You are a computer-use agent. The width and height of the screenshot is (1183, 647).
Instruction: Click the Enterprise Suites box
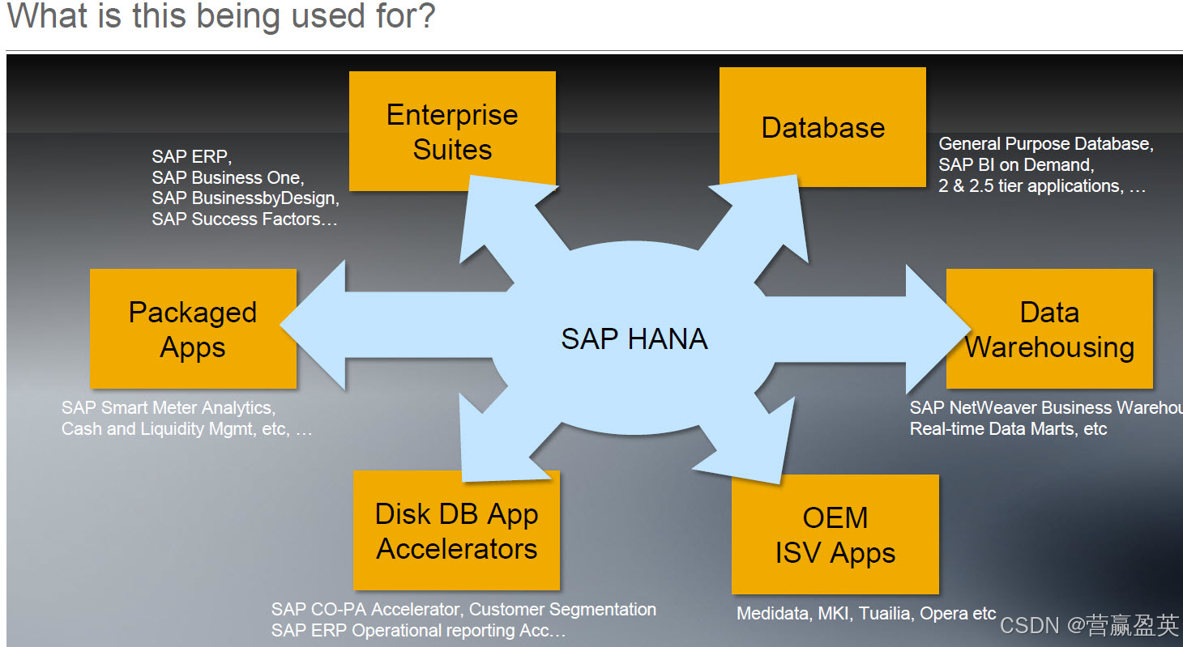452,131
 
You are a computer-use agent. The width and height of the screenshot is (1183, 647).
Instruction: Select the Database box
822,128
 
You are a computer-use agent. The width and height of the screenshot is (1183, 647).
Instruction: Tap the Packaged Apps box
193,329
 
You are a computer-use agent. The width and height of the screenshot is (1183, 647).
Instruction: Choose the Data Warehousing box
1049,329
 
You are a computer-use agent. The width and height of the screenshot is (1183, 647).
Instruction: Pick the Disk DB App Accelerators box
456,530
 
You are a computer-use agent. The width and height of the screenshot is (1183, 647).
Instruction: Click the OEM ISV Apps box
835,534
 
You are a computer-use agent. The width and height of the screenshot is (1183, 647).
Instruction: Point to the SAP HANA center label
634,338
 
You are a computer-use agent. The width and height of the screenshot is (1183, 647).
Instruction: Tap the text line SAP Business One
228,177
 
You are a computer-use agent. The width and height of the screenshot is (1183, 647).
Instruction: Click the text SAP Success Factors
243,219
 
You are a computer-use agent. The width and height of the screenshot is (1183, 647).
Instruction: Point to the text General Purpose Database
1045,144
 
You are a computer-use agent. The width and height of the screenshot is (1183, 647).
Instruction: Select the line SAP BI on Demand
1016,165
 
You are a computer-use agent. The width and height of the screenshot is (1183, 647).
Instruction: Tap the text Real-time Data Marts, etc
1008,428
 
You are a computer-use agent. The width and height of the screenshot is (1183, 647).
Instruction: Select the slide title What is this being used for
220,17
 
